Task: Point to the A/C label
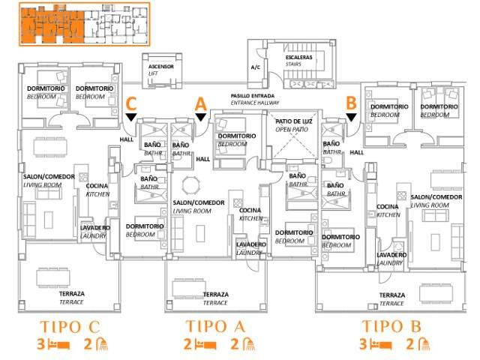[256, 67]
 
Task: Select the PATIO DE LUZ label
[294, 124]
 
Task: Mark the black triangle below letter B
[350, 116]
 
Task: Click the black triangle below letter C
[131, 117]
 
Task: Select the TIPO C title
[68, 327]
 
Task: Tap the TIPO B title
[395, 327]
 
